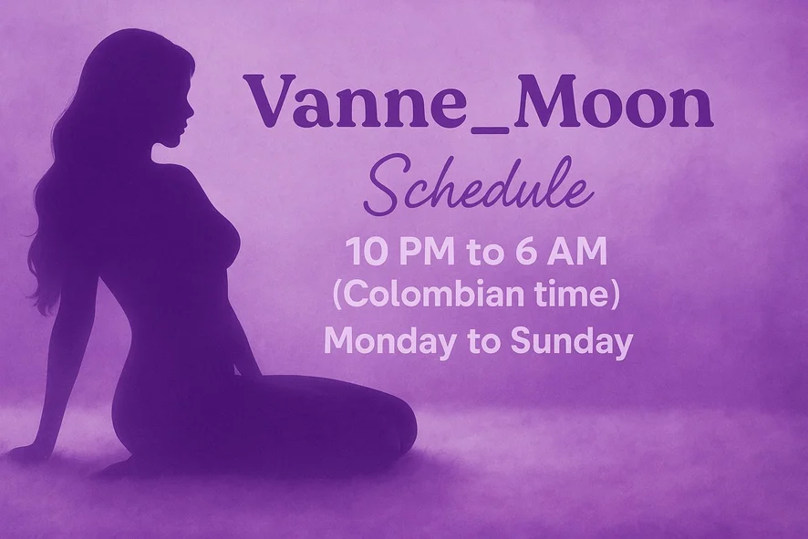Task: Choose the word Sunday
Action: pos(571,342)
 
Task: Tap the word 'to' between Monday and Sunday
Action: pos(482,343)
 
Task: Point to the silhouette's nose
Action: pos(192,109)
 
